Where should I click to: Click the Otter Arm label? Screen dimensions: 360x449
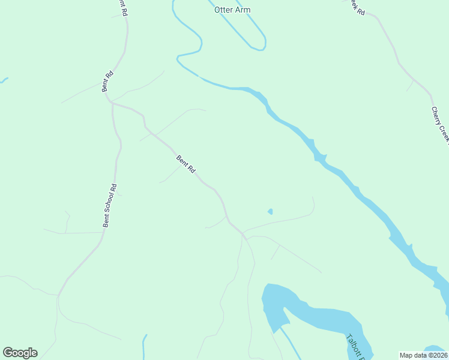232,10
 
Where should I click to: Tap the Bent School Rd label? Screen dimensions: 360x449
109,205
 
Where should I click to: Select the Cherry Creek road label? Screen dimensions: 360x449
440,125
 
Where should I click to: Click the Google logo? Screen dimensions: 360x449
20,353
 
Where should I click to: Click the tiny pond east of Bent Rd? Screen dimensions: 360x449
270,211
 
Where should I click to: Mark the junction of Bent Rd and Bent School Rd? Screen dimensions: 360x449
112,103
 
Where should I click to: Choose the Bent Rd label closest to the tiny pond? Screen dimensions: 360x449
185,164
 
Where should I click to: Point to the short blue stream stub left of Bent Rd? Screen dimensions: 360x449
4,80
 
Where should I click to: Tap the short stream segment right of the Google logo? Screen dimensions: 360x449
144,347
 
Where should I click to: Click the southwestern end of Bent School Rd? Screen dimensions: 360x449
59,295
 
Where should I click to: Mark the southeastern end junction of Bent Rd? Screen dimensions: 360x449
244,235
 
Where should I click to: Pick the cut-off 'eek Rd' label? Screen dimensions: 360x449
357,6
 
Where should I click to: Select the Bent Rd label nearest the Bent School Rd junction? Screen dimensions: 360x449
107,81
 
